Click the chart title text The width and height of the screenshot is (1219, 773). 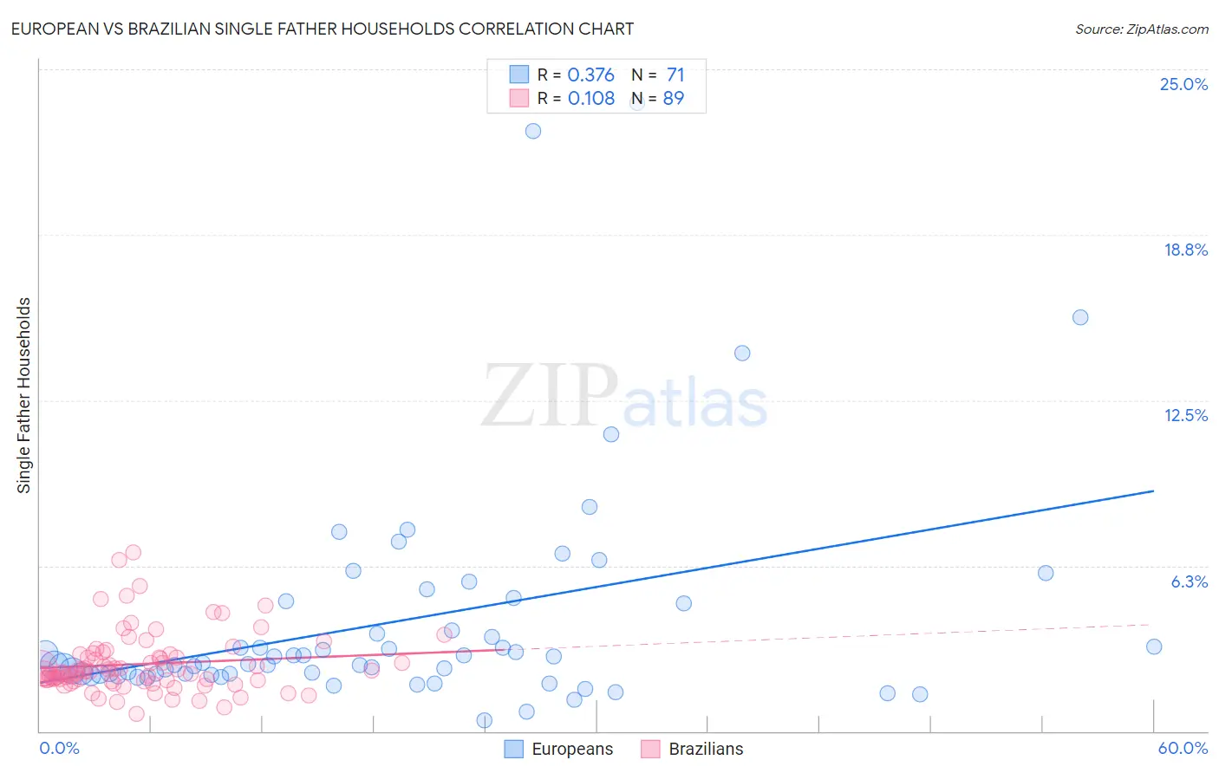(322, 29)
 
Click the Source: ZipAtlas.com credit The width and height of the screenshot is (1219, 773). (1141, 29)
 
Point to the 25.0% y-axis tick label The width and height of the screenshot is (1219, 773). (1183, 84)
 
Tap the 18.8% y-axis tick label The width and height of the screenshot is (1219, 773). (1185, 250)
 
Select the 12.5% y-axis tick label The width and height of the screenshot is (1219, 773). (1185, 415)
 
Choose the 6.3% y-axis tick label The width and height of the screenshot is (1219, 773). (1189, 581)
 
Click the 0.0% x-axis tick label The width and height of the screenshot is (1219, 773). (59, 748)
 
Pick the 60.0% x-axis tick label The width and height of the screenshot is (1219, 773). (1183, 748)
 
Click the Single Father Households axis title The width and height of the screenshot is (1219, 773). (24, 395)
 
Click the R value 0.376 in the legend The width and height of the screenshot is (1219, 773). (590, 75)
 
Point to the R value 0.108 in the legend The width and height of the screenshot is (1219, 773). (590, 99)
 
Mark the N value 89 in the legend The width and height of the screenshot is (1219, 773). (674, 99)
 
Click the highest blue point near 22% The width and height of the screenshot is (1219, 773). (533, 131)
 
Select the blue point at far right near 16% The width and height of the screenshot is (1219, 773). (1080, 317)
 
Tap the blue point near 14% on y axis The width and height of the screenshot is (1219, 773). (742, 353)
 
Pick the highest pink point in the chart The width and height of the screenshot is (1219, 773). (134, 552)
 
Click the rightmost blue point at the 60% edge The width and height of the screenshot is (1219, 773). (1154, 646)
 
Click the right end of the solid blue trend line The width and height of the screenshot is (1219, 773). (1154, 490)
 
